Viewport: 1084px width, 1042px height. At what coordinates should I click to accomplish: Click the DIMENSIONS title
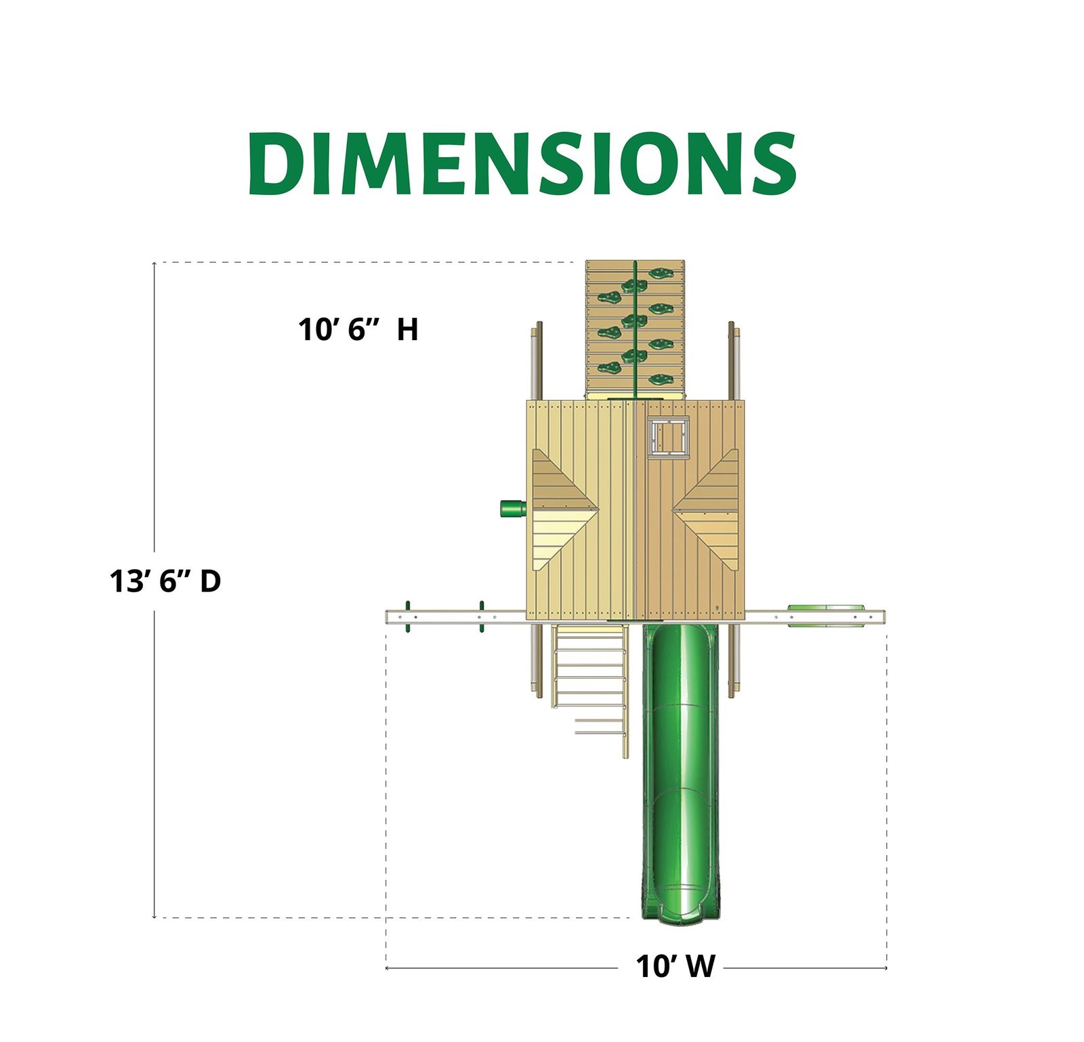pos(522,163)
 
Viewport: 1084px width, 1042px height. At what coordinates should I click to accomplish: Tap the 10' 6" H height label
pos(358,330)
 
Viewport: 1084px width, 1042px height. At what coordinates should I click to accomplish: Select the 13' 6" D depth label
pos(165,581)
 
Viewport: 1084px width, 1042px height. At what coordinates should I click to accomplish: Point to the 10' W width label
pos(675,967)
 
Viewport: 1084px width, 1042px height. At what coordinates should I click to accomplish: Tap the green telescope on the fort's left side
pos(513,508)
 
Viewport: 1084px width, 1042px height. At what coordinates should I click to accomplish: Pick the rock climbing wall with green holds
pos(634,329)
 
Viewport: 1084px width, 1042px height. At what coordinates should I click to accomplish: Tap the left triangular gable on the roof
pos(562,509)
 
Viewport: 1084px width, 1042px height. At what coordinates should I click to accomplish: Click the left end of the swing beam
pos(390,617)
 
